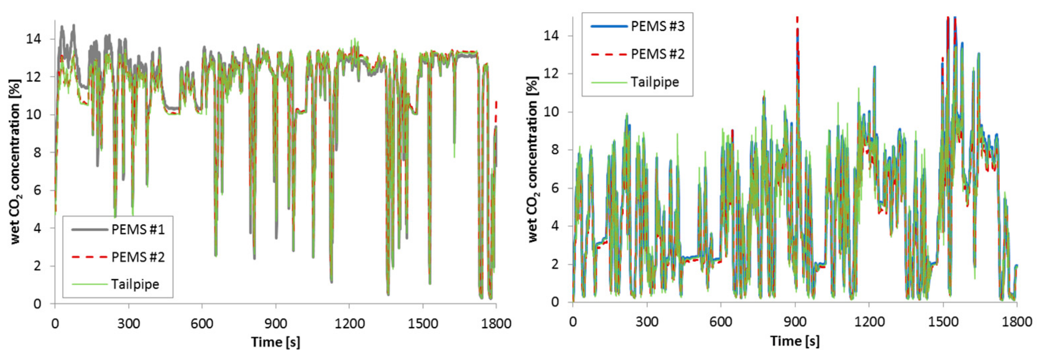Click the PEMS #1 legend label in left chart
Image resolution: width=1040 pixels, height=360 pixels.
coord(138,230)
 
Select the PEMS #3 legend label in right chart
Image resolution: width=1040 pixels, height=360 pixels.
coord(658,26)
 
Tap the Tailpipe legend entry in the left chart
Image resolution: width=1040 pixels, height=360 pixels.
coord(135,284)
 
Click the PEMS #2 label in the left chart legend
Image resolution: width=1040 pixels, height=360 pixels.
coord(138,257)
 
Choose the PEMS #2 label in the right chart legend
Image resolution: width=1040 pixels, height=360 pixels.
coord(658,54)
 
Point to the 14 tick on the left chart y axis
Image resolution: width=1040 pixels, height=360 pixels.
coord(34,39)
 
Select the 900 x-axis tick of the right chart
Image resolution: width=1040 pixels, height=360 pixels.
coord(795,322)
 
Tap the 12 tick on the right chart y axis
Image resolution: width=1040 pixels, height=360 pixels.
coord(551,74)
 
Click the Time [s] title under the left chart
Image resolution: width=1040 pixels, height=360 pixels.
coord(276,342)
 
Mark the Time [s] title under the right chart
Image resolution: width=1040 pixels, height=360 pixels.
coord(795,341)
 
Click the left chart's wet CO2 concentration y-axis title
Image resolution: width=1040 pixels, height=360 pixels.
coord(15,161)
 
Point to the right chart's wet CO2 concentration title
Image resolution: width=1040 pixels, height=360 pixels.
coord(533,159)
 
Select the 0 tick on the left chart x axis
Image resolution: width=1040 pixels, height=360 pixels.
coord(55,323)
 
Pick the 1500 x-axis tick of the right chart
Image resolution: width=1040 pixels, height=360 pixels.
coord(943,322)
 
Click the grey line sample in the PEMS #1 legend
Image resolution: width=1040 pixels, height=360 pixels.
coord(90,230)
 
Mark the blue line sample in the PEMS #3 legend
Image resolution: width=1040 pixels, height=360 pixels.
coord(609,26)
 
